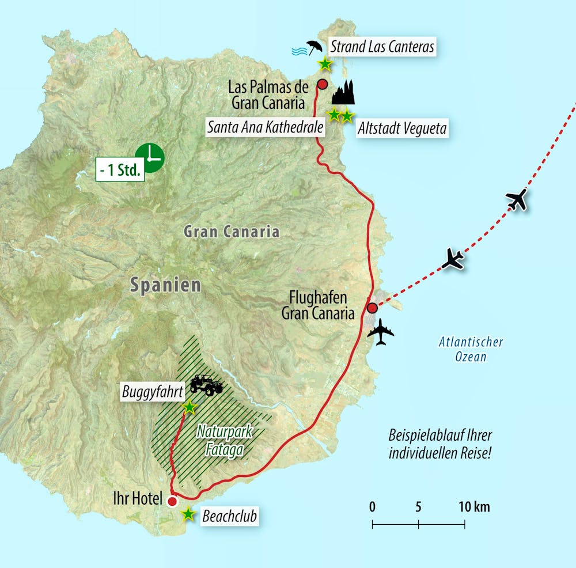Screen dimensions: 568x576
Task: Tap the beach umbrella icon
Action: tap(313, 48)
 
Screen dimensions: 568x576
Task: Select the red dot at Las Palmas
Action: tap(323, 85)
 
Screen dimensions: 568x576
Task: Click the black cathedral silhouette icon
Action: tap(343, 92)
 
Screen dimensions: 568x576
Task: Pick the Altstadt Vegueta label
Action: tap(401, 128)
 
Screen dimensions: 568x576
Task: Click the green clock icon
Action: tap(150, 157)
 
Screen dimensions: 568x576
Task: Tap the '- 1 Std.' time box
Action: tap(120, 171)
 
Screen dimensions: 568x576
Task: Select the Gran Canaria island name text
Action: tap(231, 232)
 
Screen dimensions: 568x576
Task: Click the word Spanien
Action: tap(165, 285)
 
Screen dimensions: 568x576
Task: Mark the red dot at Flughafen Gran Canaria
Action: tap(373, 307)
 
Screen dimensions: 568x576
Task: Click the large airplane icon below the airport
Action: tap(381, 332)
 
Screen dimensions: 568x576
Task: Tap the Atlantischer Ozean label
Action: tap(471, 350)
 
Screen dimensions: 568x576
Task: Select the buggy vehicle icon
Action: tap(206, 384)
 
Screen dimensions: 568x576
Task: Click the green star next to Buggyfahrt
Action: tap(189, 407)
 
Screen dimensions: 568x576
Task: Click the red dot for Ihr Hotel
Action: tap(172, 501)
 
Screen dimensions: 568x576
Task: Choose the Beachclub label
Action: tap(229, 516)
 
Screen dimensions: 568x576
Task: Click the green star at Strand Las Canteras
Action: tap(325, 63)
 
